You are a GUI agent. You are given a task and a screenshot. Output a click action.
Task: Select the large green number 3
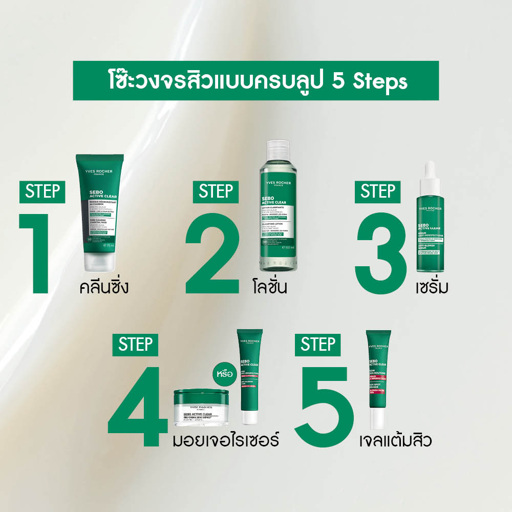(x=381, y=253)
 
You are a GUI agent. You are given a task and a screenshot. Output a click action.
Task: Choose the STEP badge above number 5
(x=318, y=344)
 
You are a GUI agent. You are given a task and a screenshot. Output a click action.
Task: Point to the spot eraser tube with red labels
(x=379, y=379)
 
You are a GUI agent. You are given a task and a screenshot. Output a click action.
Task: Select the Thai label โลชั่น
(x=269, y=287)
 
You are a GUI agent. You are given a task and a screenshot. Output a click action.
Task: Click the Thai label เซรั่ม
(x=432, y=287)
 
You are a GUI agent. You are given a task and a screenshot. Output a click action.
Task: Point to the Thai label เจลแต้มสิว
(x=394, y=440)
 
